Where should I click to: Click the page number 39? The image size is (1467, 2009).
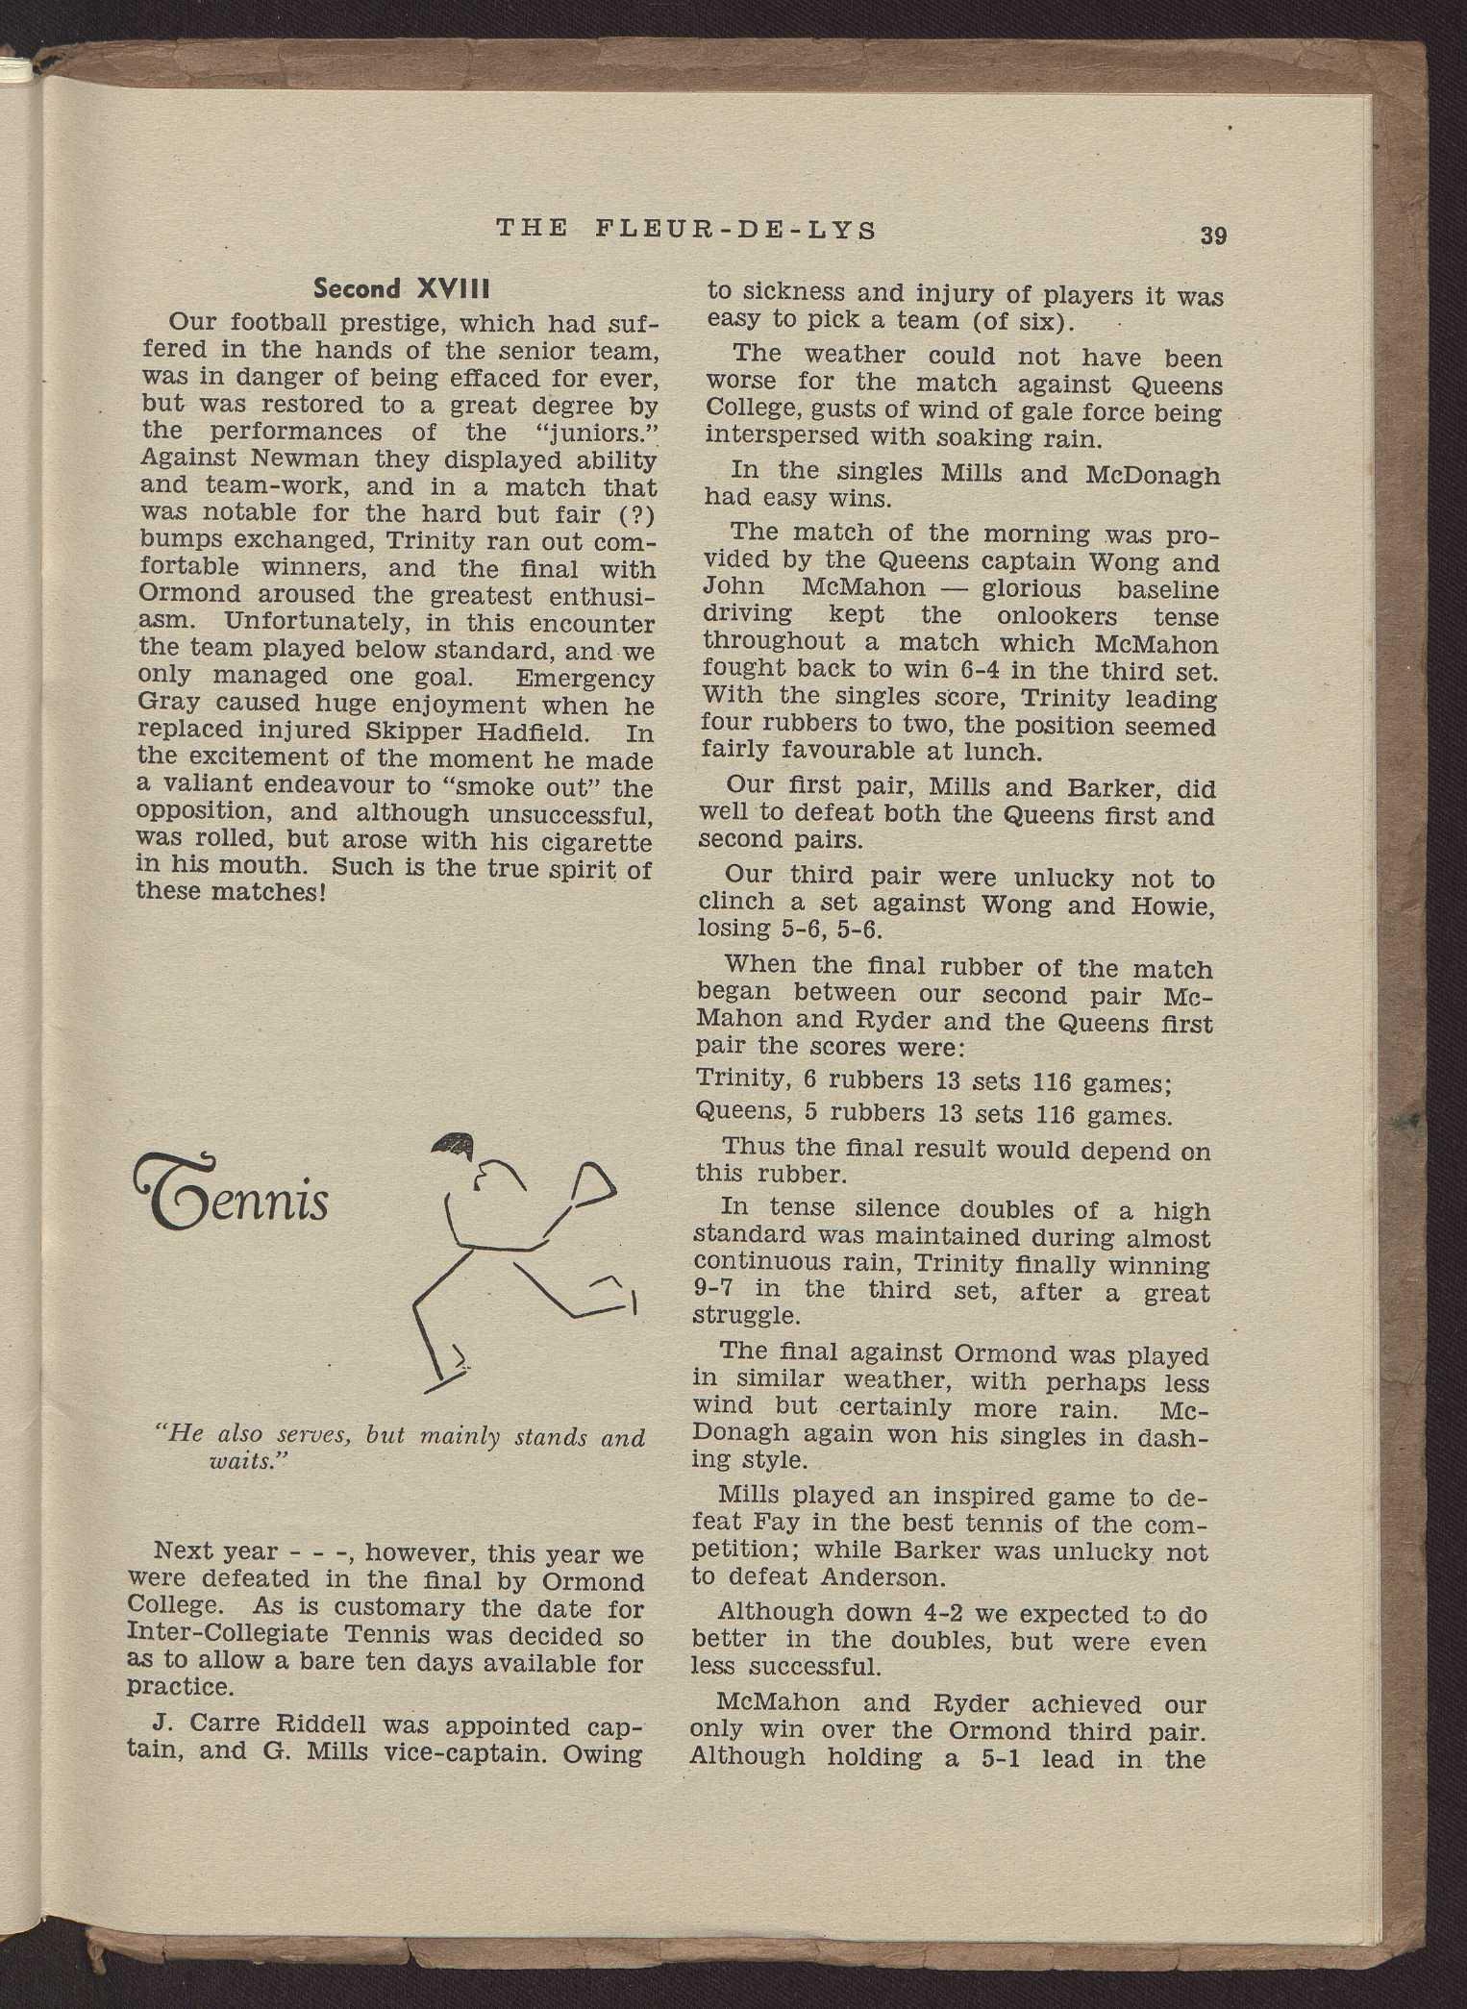(x=1212, y=236)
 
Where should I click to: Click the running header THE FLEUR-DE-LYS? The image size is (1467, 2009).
(x=686, y=231)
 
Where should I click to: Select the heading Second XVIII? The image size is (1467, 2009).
(x=403, y=288)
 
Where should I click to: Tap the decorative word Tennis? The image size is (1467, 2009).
(x=235, y=1197)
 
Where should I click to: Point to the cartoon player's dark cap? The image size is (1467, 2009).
(x=455, y=1144)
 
